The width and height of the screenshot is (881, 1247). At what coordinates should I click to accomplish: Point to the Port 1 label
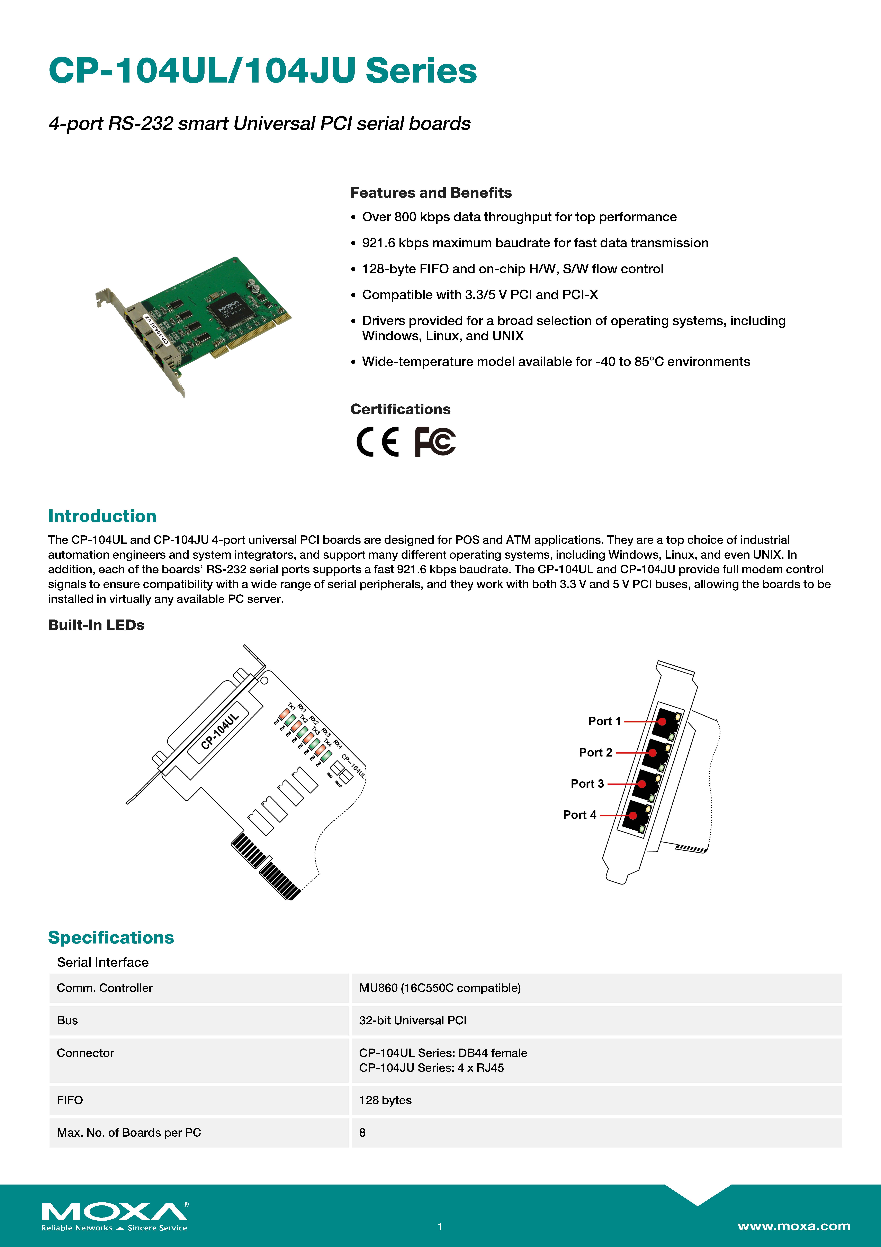click(604, 721)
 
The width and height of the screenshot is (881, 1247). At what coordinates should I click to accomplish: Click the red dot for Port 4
click(633, 815)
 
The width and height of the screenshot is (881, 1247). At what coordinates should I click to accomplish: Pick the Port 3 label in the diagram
click(587, 784)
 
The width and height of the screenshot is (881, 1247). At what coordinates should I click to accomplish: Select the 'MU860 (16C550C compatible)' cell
click(440, 988)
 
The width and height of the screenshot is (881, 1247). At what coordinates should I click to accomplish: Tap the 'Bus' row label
click(67, 1020)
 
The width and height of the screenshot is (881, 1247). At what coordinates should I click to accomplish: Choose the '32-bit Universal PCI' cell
click(413, 1020)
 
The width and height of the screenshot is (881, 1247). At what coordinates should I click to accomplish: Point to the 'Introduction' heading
click(102, 516)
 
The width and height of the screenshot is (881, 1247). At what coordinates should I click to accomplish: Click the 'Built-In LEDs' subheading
click(96, 625)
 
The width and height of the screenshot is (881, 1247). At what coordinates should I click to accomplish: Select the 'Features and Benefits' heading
click(430, 193)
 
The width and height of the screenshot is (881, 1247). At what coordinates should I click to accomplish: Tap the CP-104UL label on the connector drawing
click(219, 732)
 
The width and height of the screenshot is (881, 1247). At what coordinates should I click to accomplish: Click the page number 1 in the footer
click(440, 1226)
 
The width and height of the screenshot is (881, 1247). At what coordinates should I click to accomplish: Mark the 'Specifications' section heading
click(111, 937)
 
